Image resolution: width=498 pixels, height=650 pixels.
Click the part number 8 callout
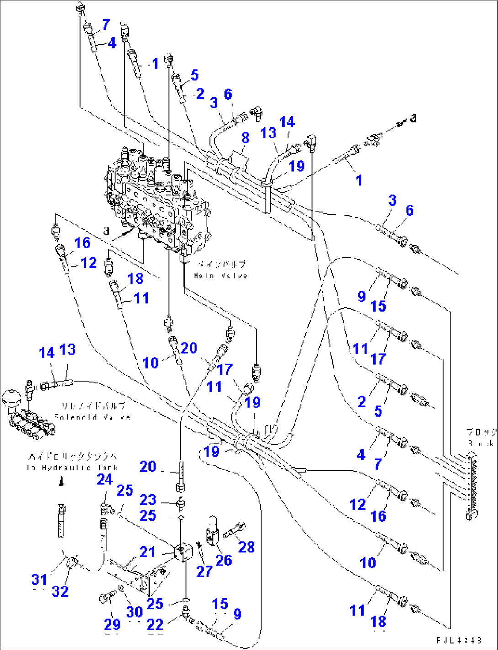(245, 137)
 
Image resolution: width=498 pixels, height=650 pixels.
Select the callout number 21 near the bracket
(148, 552)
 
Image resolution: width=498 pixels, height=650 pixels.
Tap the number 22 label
(155, 624)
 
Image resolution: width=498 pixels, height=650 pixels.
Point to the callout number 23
(148, 499)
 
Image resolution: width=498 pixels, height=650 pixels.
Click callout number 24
(105, 479)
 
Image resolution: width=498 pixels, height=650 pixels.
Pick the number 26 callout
(223, 560)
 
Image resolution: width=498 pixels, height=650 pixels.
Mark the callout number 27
(204, 571)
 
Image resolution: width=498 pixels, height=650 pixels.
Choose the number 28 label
(247, 547)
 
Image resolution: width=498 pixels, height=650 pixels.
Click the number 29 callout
(112, 624)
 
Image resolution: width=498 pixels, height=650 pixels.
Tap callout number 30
(134, 612)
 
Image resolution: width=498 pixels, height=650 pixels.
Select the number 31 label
(39, 580)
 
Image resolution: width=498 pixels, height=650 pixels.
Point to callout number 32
(60, 591)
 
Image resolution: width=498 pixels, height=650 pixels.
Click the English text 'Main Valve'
(220, 275)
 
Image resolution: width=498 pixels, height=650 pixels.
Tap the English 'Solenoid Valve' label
(92, 417)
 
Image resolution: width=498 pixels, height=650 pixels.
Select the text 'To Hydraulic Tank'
(72, 467)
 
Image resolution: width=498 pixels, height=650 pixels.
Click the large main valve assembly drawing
(158, 196)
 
